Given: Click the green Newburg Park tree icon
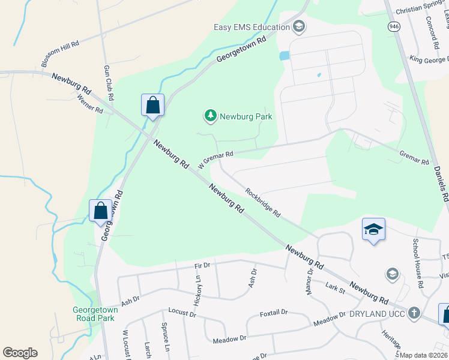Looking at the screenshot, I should click(210, 116).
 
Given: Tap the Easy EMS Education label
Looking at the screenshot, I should click(253, 27).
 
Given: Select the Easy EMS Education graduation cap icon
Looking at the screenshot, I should click(299, 27).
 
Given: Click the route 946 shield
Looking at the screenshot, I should click(394, 27).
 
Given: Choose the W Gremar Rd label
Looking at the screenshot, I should click(215, 159).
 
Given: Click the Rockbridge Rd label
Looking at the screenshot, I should click(263, 202).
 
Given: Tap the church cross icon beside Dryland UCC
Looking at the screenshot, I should click(414, 313).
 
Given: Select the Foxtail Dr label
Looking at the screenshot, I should click(274, 313).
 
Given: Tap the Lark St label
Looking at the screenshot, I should click(335, 290).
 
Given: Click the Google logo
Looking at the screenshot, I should click(20, 353).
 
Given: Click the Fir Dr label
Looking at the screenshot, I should click(202, 264).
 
